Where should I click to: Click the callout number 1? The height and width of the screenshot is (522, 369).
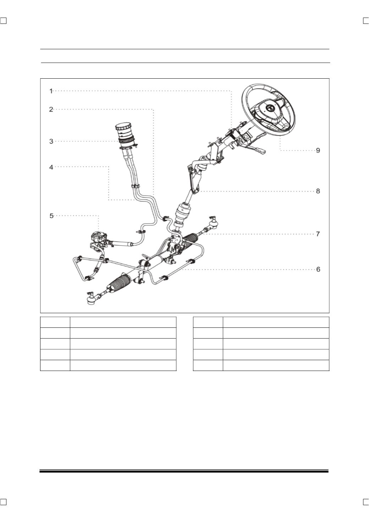(51, 91)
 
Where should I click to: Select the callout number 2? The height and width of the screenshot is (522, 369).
(51, 109)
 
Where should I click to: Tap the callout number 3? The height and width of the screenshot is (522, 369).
(51, 141)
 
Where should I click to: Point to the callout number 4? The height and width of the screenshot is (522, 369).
(51, 167)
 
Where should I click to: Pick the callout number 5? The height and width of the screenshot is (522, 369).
(51, 216)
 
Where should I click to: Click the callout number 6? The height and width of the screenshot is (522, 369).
(318, 269)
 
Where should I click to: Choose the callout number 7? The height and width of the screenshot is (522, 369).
(318, 234)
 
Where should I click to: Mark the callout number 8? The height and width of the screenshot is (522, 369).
(318, 191)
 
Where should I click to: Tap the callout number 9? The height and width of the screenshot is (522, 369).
(318, 150)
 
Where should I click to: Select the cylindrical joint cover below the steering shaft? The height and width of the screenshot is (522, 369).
(183, 213)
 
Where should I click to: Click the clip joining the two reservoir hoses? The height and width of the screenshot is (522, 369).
(135, 186)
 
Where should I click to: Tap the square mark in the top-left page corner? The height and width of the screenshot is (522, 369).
(3, 21)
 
